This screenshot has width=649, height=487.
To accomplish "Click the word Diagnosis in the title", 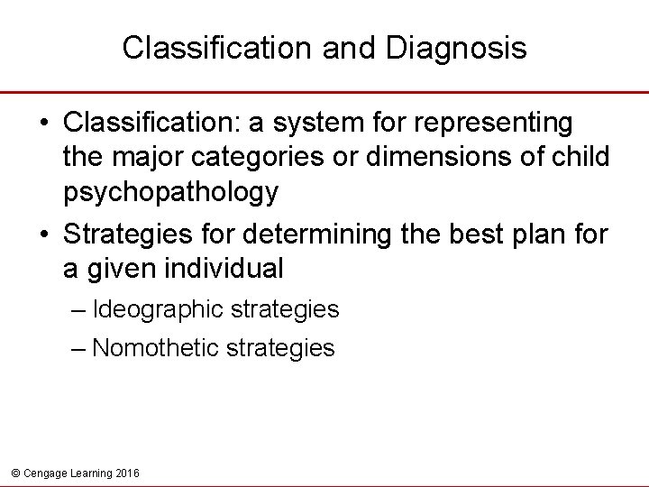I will [456, 48].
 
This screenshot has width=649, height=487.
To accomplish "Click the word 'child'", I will [580, 156].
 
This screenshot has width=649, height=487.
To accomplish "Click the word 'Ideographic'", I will [159, 310].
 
